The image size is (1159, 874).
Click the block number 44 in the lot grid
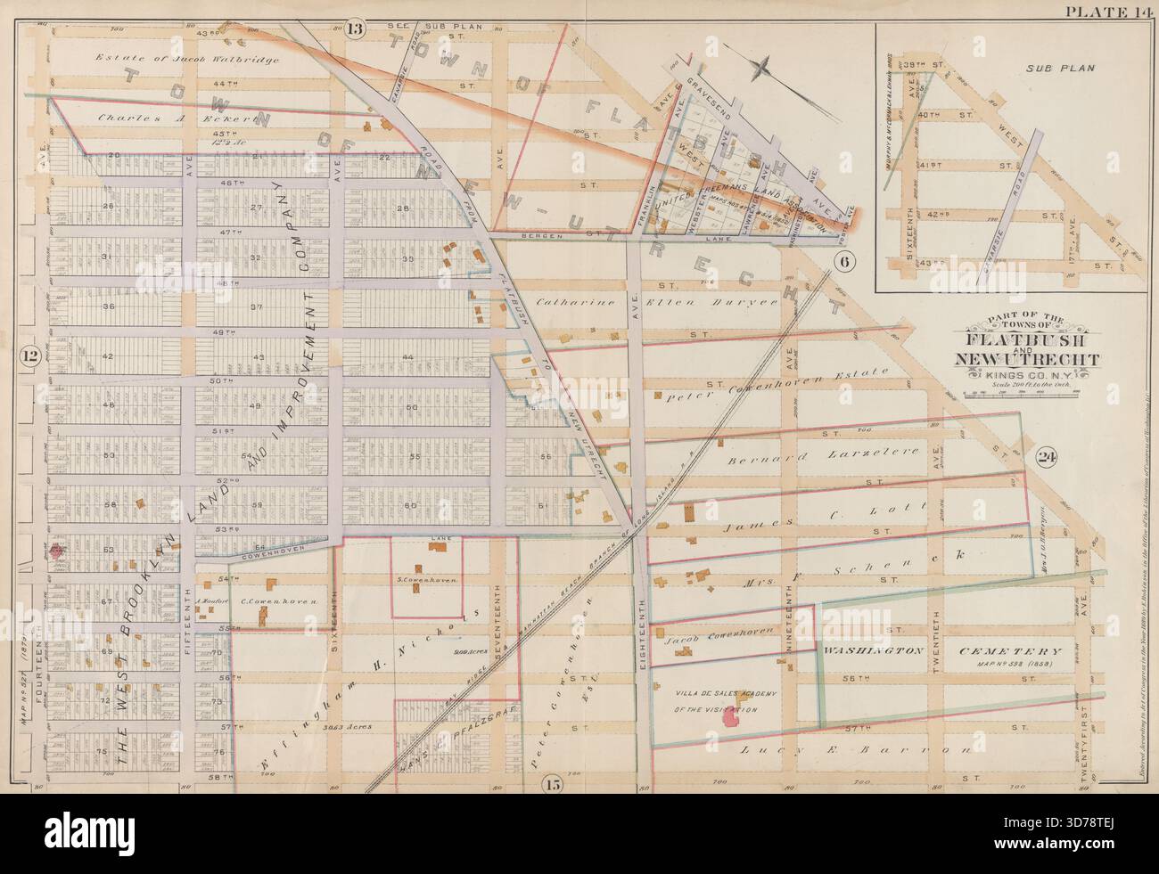409,356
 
